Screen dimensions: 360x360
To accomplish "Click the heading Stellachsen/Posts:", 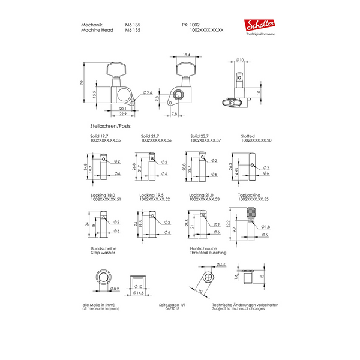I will [110, 127].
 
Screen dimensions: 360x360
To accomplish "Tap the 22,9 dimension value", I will [122, 114].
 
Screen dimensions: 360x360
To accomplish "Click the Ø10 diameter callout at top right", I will [240, 61].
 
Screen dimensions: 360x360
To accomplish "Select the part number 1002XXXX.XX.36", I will [156, 140].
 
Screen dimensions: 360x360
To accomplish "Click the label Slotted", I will [248, 137].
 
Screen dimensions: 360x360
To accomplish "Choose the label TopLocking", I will [250, 195].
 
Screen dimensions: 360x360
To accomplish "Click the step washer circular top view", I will [103, 278].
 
